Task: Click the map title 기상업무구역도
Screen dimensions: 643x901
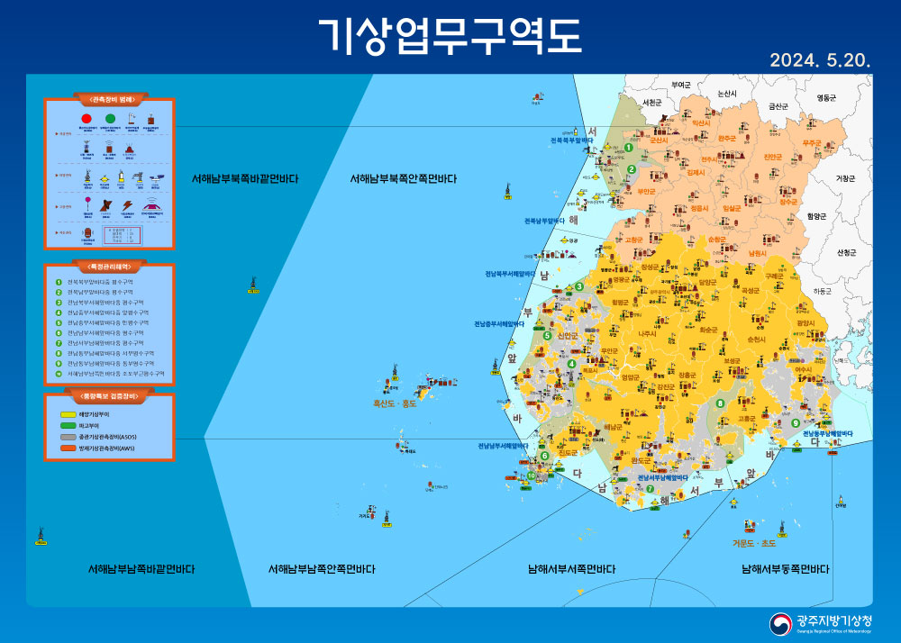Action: tap(450, 35)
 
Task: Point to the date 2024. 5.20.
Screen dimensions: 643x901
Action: tap(819, 61)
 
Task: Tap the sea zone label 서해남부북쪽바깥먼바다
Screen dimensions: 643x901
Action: tap(245, 179)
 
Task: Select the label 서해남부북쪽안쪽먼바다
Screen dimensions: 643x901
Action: tap(403, 179)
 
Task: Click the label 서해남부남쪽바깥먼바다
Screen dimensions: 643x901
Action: tap(141, 569)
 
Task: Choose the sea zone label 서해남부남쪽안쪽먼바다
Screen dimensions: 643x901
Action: tap(322, 569)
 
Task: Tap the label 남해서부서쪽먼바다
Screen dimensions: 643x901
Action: tap(572, 569)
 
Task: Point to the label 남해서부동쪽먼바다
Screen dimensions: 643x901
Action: tap(786, 569)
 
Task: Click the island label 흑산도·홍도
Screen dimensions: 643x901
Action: tap(396, 404)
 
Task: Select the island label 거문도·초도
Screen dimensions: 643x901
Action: tap(753, 543)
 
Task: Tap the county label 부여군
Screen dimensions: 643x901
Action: tap(681, 85)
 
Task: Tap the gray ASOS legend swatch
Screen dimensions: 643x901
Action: tap(68, 437)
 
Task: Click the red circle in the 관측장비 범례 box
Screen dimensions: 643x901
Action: tap(87, 118)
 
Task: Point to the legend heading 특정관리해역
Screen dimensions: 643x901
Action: tap(108, 267)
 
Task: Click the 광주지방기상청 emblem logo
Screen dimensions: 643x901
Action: tap(780, 623)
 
